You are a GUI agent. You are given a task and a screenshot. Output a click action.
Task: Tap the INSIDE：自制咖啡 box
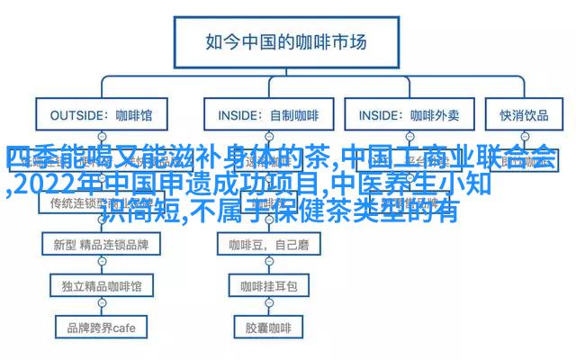pos(267,116)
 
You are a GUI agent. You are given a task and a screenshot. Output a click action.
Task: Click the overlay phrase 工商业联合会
pos(477,159)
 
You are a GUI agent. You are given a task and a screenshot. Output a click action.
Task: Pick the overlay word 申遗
pos(186,185)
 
